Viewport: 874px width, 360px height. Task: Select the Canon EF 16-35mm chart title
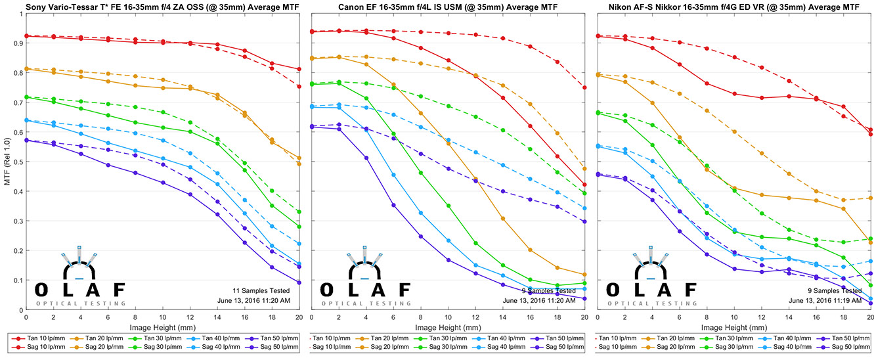click(447, 7)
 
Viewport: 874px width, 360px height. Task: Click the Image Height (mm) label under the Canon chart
click(447, 326)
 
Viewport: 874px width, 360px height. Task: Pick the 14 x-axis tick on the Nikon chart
click(788, 317)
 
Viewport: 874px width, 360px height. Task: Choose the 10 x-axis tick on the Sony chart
click(163, 317)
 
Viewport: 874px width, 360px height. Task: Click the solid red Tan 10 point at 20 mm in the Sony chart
click(299, 69)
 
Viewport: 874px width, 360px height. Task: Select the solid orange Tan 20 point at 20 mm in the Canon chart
click(584, 275)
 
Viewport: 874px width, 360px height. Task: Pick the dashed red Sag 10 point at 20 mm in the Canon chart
click(584, 87)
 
